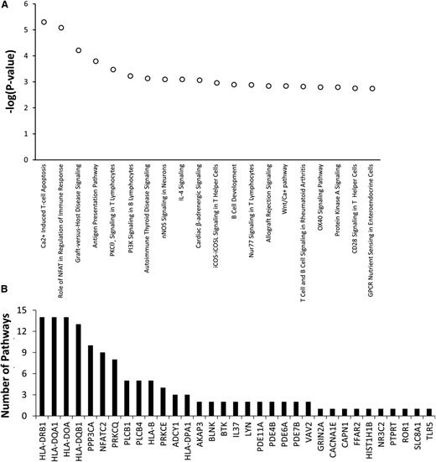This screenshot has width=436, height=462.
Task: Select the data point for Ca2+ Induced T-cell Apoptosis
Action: [44, 22]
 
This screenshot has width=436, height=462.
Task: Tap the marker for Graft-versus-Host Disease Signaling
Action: [79, 50]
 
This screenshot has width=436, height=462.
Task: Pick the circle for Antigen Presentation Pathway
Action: [96, 61]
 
